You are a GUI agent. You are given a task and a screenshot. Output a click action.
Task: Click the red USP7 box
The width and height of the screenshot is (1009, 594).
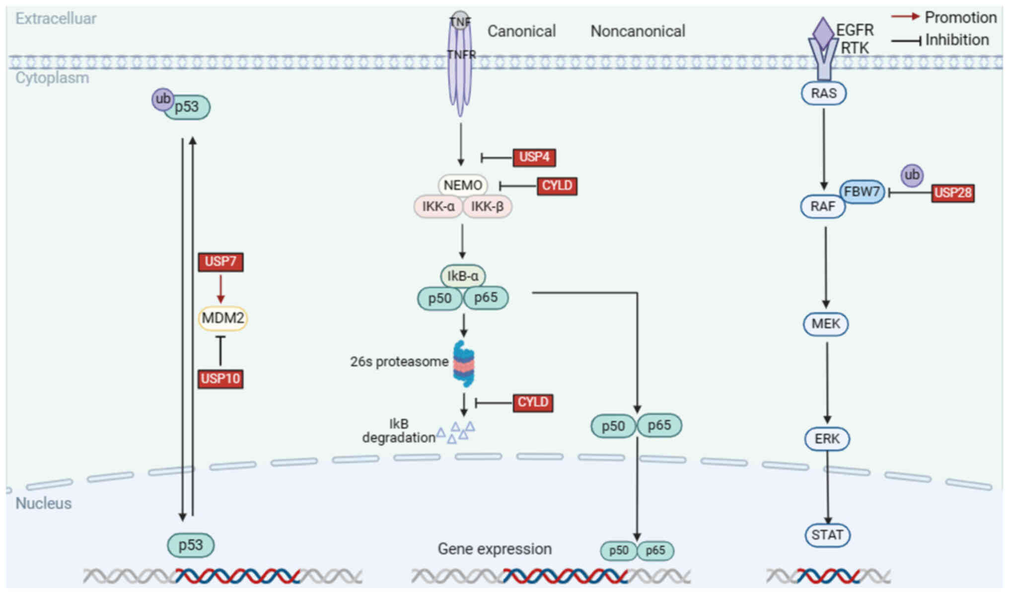point(220,262)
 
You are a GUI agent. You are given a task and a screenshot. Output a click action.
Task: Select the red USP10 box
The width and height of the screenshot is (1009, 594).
point(220,379)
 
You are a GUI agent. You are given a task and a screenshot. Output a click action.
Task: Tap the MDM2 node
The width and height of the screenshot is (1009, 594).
point(222,318)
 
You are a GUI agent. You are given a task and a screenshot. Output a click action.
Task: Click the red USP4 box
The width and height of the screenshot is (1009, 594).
point(534,157)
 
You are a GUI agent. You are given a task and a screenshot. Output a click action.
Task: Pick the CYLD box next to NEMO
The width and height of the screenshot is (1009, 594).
point(557,186)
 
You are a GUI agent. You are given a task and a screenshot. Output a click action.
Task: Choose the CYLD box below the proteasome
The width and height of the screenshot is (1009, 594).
point(533,402)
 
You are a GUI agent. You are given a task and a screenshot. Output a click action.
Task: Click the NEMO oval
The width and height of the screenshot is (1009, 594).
point(463,185)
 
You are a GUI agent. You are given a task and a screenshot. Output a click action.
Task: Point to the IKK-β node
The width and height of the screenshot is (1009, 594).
point(487,207)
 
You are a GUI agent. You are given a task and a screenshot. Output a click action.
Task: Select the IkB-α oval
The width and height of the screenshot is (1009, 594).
point(463,276)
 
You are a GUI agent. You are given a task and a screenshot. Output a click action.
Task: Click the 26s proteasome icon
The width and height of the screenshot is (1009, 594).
point(464,363)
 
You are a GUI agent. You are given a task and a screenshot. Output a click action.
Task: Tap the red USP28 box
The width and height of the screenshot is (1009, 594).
point(952,193)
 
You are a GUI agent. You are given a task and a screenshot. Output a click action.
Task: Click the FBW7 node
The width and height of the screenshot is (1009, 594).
point(862,191)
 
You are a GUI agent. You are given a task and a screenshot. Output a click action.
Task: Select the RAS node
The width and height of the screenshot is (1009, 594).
point(824,93)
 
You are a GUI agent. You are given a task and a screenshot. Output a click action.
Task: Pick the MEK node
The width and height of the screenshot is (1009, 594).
point(826,324)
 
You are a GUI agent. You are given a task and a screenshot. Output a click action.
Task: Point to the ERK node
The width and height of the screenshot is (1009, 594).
point(827,439)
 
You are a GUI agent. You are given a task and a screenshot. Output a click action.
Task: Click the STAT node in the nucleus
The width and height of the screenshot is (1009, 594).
point(827,535)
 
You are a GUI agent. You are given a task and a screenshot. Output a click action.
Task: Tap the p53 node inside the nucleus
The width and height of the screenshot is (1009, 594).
point(191,545)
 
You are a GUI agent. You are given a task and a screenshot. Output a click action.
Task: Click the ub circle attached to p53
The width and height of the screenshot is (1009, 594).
point(162,99)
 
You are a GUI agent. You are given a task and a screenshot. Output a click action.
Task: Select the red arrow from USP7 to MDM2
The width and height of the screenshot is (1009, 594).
point(221,289)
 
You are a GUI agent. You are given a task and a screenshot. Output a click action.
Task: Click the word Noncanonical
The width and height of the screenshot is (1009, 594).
point(638,31)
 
